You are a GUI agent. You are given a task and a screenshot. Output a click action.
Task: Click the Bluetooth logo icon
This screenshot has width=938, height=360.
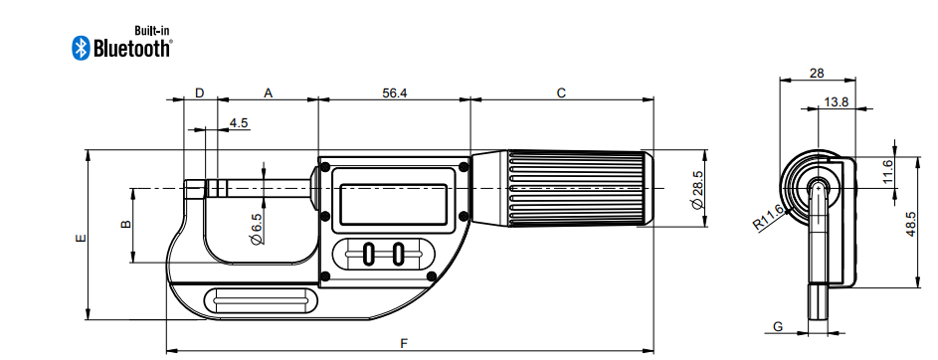81,48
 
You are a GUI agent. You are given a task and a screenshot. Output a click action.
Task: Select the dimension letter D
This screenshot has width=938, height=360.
200,92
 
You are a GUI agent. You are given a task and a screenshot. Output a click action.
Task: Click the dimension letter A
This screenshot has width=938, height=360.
269,92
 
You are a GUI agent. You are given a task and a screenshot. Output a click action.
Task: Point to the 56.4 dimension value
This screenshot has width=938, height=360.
394,92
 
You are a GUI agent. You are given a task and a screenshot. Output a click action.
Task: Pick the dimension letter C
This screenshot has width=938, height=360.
561,92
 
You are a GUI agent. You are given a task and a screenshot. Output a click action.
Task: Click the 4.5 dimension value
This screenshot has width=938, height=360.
239,122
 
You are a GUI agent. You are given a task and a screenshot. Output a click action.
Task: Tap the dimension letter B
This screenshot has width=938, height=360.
126,224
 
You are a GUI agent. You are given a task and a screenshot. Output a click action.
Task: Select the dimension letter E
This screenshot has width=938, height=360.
82,238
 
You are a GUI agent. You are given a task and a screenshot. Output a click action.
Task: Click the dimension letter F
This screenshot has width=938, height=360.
404,343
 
